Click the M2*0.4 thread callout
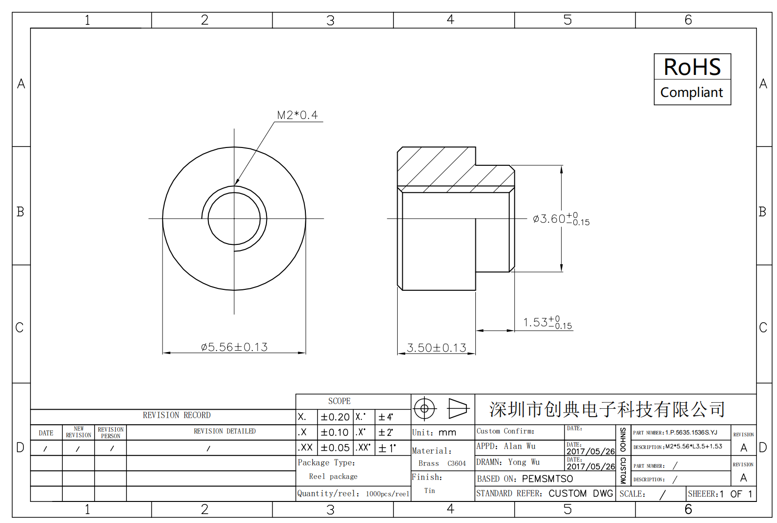(x=297, y=115)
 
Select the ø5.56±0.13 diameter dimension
(x=234, y=347)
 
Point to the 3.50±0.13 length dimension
(x=436, y=348)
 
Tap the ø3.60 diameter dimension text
(x=561, y=219)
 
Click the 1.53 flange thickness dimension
(x=547, y=323)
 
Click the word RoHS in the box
(x=692, y=67)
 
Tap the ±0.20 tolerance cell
(x=335, y=417)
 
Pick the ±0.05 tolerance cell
(x=335, y=448)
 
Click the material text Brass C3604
(x=442, y=464)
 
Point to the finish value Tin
(x=429, y=491)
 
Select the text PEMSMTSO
(x=547, y=479)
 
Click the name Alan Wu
(x=519, y=446)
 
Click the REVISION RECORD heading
(x=177, y=415)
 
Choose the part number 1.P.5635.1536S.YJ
(x=691, y=433)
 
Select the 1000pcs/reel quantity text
(x=387, y=494)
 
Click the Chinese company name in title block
(x=607, y=409)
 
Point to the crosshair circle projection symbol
(x=424, y=409)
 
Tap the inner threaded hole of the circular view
(x=234, y=219)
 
